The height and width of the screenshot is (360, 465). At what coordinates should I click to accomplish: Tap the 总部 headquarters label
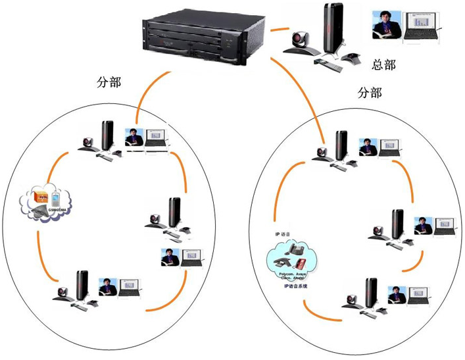tap(384, 64)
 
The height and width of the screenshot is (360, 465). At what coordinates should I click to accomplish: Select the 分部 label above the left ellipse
tap(109, 83)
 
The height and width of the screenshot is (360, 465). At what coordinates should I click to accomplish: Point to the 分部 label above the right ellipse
tap(369, 93)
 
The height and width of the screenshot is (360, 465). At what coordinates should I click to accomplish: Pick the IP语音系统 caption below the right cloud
tap(295, 286)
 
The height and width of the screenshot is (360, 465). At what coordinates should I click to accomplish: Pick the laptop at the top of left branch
tap(157, 138)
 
